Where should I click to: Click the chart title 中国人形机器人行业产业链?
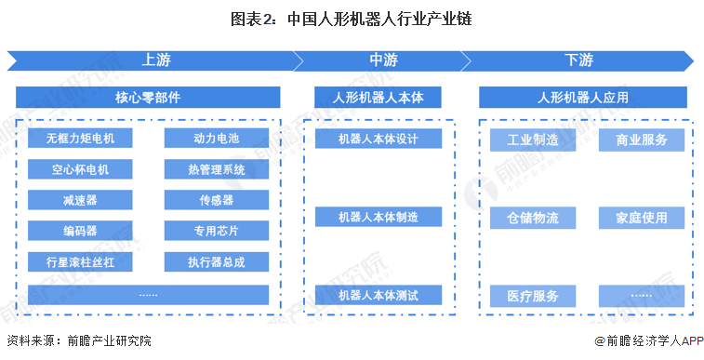coord(352,19)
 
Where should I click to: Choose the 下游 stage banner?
coord(578,60)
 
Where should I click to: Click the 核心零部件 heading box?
coord(148,97)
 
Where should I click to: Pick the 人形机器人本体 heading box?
coord(378,97)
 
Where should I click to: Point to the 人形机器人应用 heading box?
coord(583,97)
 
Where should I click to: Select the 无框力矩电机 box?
coord(80,139)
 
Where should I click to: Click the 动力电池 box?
coord(216,139)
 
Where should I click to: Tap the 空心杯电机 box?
coord(80,169)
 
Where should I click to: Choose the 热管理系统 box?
coord(216,169)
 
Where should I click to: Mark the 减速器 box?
coord(80,200)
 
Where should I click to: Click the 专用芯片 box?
coord(216,231)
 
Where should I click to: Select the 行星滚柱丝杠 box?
coord(80,261)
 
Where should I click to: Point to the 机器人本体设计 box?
coord(378,139)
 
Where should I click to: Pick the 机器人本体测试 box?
coord(378,295)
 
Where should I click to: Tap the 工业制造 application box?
coord(533,140)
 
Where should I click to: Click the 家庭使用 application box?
coord(642,218)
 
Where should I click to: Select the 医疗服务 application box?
coord(533,296)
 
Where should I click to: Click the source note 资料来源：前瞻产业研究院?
coord(78,341)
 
